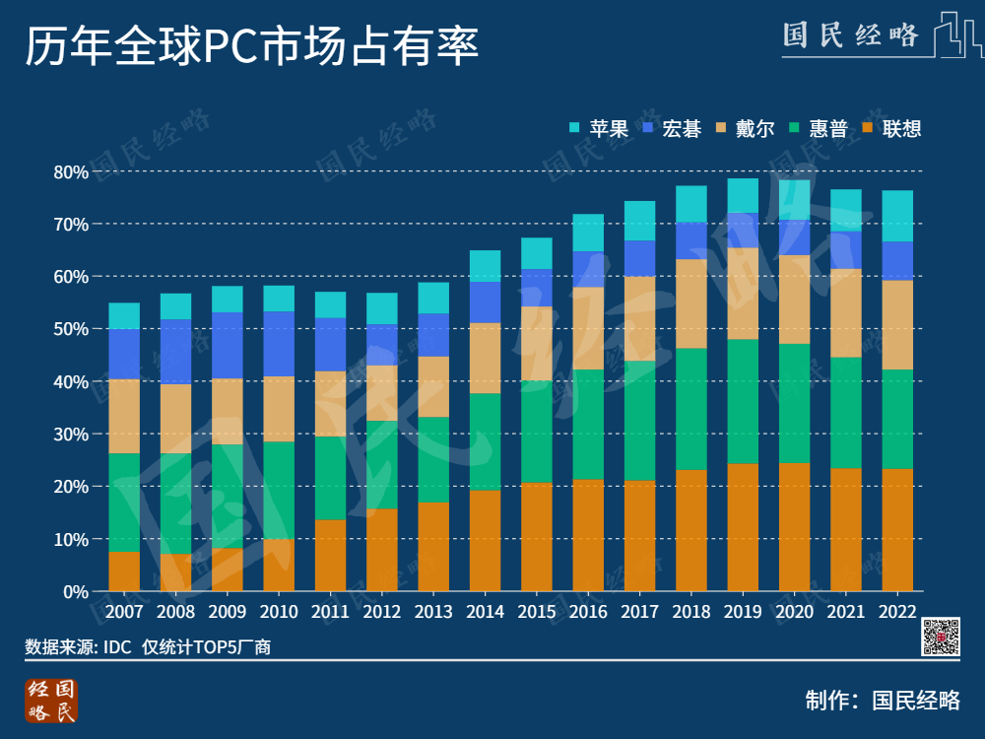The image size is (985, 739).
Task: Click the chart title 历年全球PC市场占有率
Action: click(x=251, y=46)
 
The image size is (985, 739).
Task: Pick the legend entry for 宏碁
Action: click(x=671, y=128)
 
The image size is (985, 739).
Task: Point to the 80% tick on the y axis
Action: click(x=70, y=172)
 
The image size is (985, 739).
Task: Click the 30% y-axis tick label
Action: click(x=70, y=435)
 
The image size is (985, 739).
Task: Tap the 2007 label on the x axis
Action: click(x=124, y=612)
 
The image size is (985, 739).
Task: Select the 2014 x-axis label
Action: click(x=485, y=612)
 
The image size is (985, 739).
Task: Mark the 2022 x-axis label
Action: click(x=897, y=612)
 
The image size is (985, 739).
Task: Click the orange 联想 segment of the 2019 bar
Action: click(x=743, y=527)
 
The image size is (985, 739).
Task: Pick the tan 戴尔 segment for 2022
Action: click(x=897, y=325)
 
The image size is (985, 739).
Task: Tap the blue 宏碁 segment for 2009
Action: click(x=228, y=345)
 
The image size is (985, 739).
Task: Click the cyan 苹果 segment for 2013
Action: click(x=433, y=298)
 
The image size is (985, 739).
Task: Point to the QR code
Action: click(x=941, y=637)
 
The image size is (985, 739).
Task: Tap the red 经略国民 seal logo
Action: click(x=50, y=700)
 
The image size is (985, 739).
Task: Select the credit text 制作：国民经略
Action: click(x=883, y=701)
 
